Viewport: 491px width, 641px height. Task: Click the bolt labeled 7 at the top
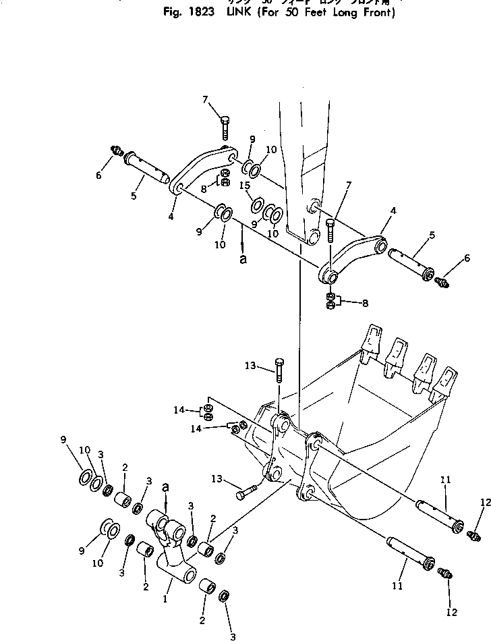click(x=225, y=127)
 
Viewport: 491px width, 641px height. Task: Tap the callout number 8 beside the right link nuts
click(x=365, y=304)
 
